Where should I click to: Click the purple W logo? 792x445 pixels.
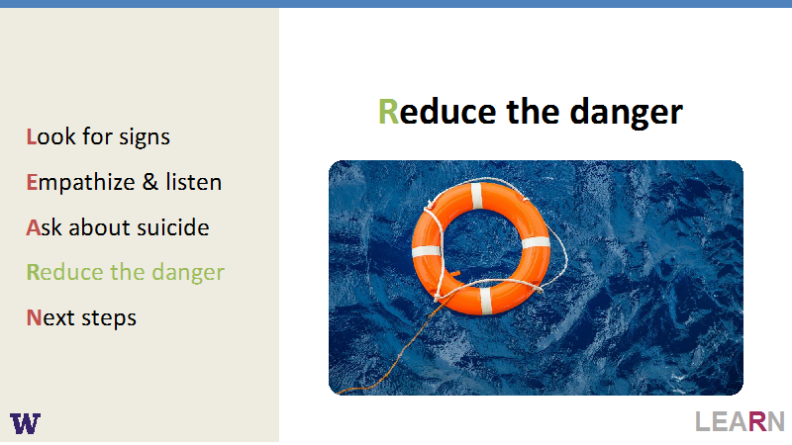26,423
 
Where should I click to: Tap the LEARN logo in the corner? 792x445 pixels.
740,421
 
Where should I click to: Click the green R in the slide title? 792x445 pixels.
388,112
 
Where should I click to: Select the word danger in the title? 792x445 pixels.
627,113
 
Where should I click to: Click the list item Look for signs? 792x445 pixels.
98,137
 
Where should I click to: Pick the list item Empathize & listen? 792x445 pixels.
124,182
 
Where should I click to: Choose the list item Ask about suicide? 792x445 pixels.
118,227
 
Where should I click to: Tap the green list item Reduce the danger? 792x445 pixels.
126,273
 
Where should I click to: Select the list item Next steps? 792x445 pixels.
81,318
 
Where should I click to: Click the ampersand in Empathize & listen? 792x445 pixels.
150,182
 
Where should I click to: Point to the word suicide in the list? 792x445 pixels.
172,227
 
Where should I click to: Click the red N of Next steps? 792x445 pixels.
34,317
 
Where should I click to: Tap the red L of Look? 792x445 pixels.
31,136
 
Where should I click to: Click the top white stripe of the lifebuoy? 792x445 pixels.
477,195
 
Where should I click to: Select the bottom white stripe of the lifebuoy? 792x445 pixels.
485,301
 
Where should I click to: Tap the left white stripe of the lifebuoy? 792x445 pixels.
426,251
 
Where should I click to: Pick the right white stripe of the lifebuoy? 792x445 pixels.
536,242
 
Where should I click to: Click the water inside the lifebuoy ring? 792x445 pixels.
481,243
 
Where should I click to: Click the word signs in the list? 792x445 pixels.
145,137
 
